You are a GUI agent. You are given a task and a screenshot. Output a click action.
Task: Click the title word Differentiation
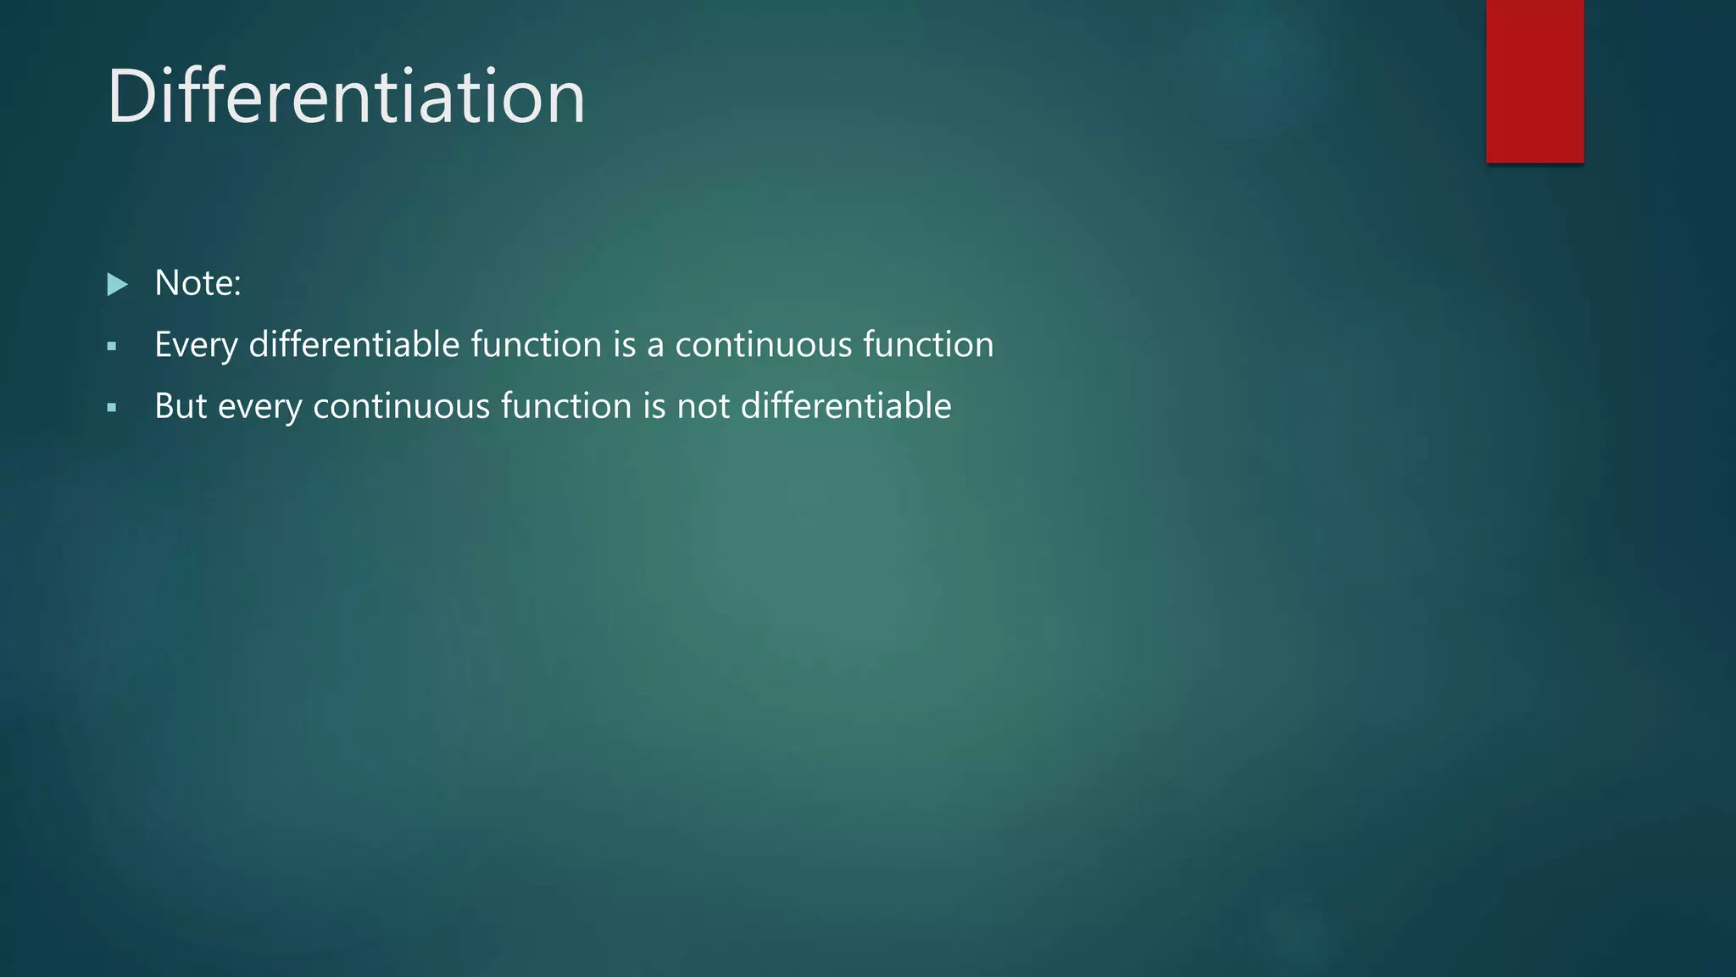[346, 97]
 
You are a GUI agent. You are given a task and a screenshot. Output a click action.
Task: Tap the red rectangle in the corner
[1534, 81]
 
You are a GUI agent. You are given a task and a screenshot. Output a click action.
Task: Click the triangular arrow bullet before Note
[117, 284]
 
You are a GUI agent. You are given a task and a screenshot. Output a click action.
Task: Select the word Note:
[198, 283]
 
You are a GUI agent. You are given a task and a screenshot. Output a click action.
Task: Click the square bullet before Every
[112, 346]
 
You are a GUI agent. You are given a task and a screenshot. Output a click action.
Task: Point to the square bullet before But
[112, 408]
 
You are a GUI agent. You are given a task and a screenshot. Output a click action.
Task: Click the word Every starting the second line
[195, 345]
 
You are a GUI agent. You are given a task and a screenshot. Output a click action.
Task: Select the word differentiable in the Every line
[353, 344]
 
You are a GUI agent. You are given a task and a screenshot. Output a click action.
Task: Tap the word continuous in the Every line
[763, 345]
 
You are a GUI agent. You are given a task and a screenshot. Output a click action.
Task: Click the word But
[180, 406]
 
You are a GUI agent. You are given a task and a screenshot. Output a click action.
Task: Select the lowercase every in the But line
[259, 408]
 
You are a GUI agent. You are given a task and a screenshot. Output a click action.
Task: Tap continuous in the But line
[401, 406]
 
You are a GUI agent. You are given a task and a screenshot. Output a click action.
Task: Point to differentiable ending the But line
[845, 406]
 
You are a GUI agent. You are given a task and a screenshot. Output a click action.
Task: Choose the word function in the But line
[565, 406]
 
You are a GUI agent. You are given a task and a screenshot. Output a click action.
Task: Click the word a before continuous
[654, 347]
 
